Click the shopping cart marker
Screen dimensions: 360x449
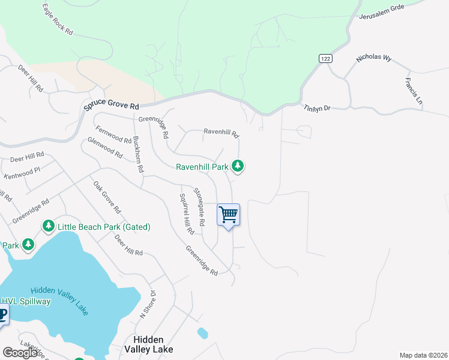tap(229, 215)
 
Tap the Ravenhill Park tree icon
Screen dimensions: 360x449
tap(238, 166)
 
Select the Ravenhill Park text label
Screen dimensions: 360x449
tap(202, 166)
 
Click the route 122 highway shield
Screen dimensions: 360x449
tap(325, 58)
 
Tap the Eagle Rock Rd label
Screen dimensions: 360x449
tap(58, 19)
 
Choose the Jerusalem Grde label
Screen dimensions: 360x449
tap(382, 12)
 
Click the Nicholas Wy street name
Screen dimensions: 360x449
tap(373, 59)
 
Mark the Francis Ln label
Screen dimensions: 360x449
tap(414, 92)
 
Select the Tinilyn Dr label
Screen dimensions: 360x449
tap(317, 108)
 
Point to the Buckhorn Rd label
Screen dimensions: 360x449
tap(137, 154)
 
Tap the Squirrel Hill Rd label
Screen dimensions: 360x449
tap(187, 214)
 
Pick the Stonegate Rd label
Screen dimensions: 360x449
tap(199, 207)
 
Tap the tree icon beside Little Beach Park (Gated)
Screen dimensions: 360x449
tap(48, 226)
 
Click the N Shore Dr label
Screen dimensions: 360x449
tap(148, 304)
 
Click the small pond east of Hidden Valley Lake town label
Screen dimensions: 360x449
tap(202, 332)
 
